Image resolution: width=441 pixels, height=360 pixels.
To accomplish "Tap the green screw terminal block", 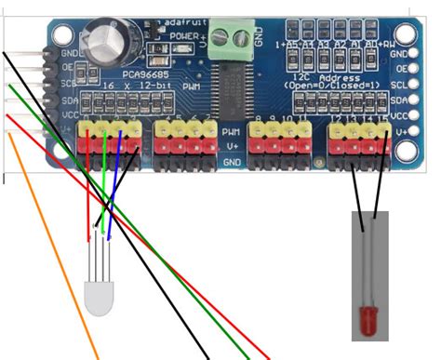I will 224,38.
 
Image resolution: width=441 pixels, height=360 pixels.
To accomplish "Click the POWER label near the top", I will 182,34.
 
